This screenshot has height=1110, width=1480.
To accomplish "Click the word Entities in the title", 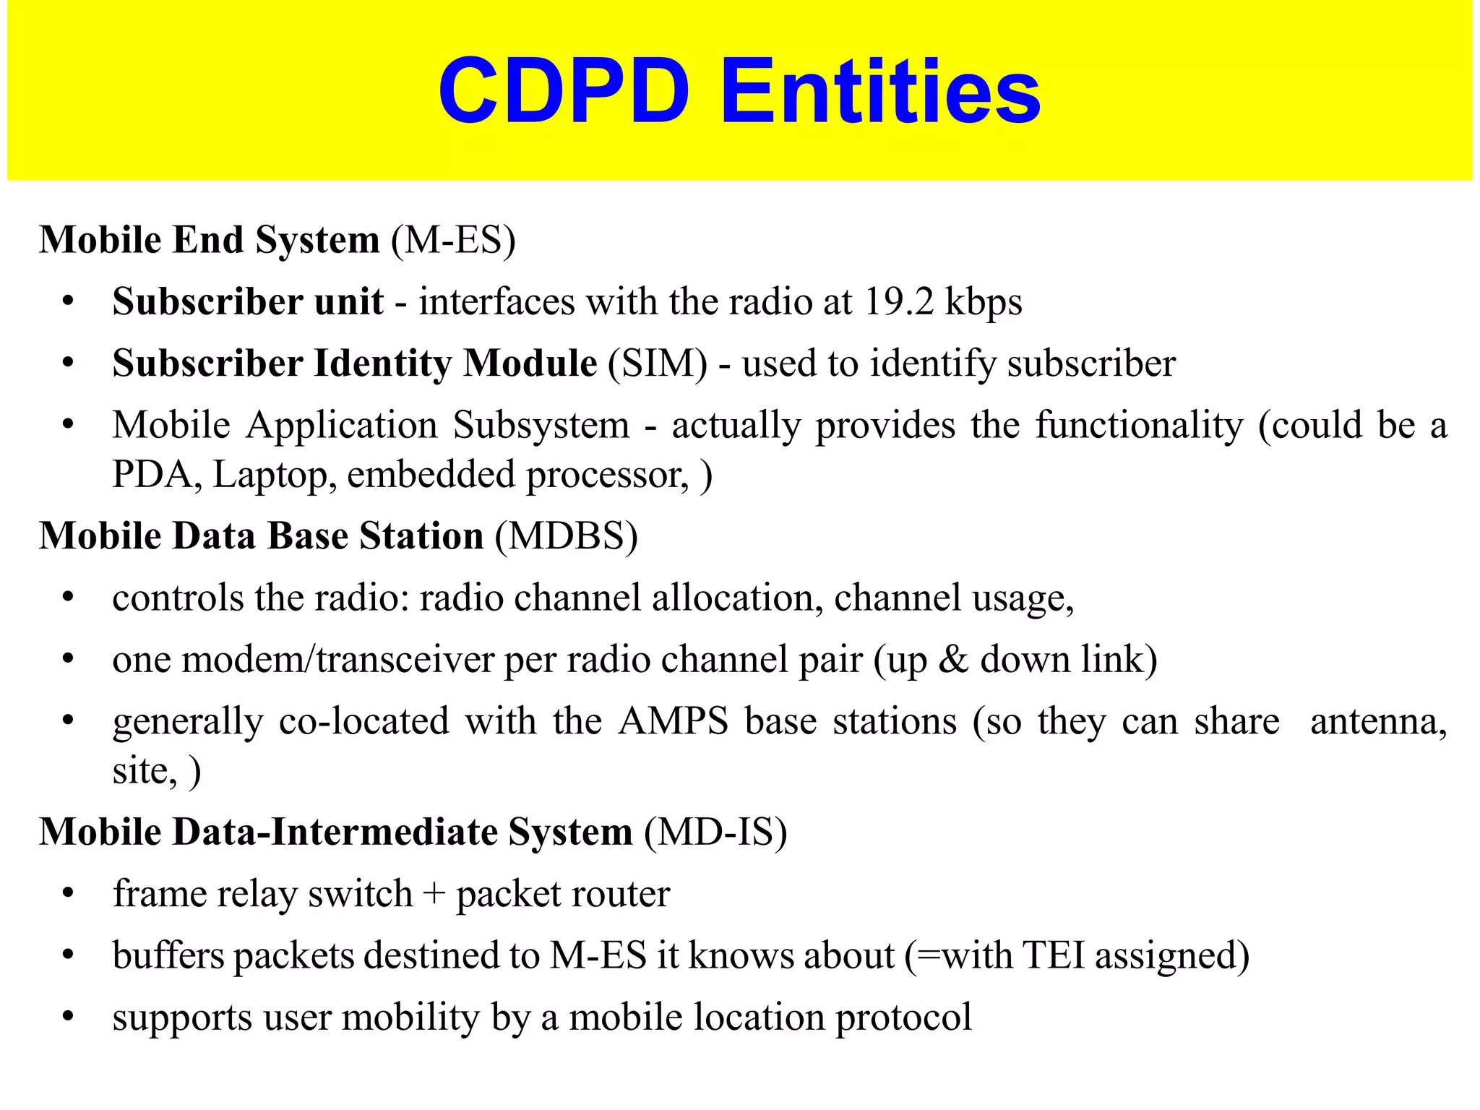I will pyautogui.click(x=879, y=92).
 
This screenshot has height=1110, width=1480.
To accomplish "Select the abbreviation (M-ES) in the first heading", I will pyautogui.click(x=453, y=240).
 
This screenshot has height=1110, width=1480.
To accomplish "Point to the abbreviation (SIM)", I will pyautogui.click(x=657, y=363).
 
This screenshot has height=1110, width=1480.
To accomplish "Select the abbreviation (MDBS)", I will pyautogui.click(x=566, y=536).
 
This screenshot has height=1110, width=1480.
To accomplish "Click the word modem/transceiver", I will pyautogui.click(x=337, y=660).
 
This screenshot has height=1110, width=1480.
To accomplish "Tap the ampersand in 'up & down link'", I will pyautogui.click(x=953, y=660).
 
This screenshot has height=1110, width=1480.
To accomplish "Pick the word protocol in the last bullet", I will pyautogui.click(x=903, y=1017).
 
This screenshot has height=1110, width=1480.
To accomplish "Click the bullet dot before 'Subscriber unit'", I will pyautogui.click(x=68, y=302).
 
